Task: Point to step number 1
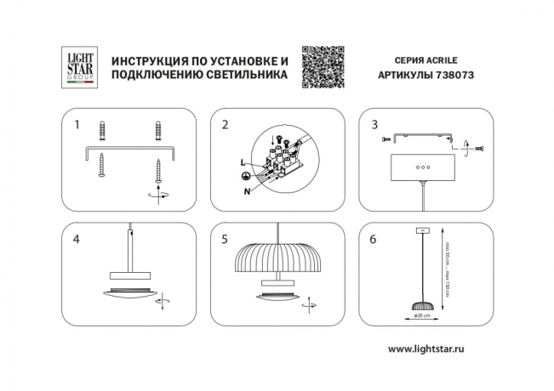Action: (77, 124)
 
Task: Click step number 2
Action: (225, 124)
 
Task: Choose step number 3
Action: (374, 124)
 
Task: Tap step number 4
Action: (77, 239)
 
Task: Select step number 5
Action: (225, 239)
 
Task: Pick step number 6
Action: (374, 239)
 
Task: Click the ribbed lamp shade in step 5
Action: (275, 255)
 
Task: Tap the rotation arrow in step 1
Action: (157, 195)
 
